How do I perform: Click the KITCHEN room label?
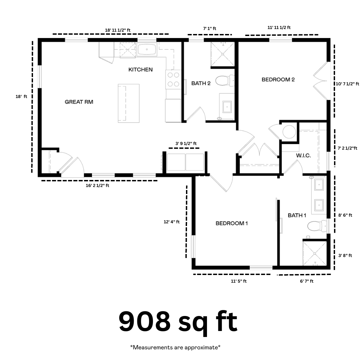point(141,70)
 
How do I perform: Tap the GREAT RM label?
point(79,102)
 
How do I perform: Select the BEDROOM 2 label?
point(278,80)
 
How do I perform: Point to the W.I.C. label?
point(304,155)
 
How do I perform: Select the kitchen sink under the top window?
point(147,49)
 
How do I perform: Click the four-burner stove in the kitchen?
point(173,79)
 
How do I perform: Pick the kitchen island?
point(129,103)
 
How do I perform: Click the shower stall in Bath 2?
point(223,54)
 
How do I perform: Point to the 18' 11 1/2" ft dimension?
point(118,30)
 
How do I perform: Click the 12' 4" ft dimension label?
point(172,222)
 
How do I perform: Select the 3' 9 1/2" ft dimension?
point(186,143)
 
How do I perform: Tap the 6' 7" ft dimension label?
point(307,281)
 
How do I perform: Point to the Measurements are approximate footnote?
point(175,347)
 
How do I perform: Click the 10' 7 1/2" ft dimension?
point(347,84)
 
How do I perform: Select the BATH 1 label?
point(297,215)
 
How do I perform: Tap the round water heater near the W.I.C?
point(289,132)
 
